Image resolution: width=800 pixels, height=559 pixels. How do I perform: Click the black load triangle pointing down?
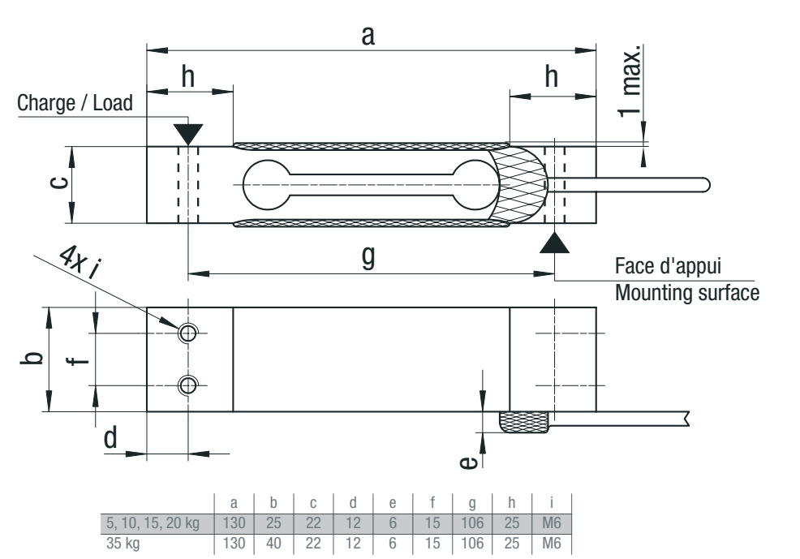pyautogui.click(x=188, y=131)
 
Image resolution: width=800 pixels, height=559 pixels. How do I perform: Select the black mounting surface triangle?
pyautogui.click(x=555, y=242)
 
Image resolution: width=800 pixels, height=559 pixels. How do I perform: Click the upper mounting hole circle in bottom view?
pyautogui.click(x=188, y=333)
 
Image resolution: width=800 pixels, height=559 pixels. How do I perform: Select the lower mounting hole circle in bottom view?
pyautogui.click(x=188, y=385)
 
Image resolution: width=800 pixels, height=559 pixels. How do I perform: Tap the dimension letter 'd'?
pyautogui.click(x=110, y=438)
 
